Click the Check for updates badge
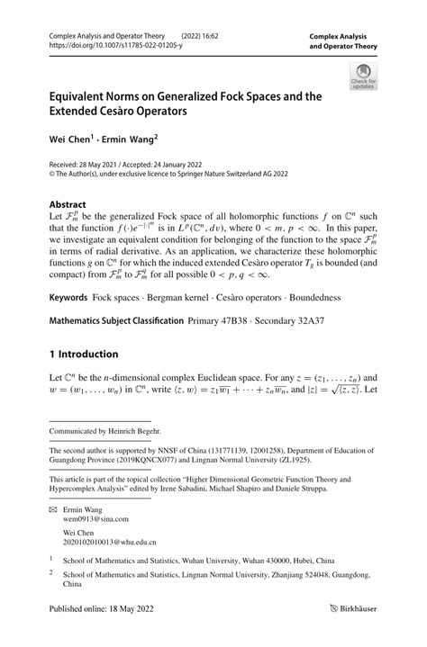click(x=364, y=77)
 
